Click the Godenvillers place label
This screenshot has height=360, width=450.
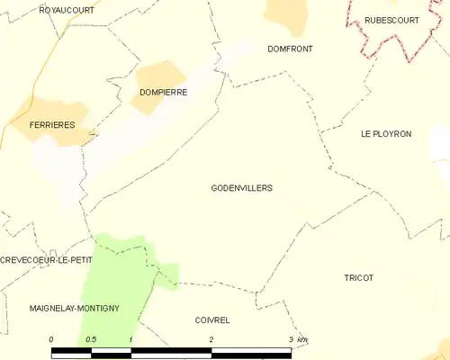[241, 188]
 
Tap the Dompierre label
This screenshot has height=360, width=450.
[163, 92]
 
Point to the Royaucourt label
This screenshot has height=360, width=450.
[67, 9]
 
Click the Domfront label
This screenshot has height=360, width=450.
[290, 49]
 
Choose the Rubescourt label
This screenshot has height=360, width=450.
[391, 20]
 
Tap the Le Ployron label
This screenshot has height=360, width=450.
[385, 133]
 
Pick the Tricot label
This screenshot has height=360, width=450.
[358, 278]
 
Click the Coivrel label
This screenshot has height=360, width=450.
[212, 319]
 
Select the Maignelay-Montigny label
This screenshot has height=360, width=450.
[74, 308]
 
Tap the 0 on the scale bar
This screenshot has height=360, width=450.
[51, 338]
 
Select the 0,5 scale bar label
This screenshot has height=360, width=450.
[91, 338]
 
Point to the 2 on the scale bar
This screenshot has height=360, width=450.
[211, 338]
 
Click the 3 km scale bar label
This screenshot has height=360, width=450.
[296, 338]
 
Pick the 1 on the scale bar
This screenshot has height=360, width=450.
[131, 338]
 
